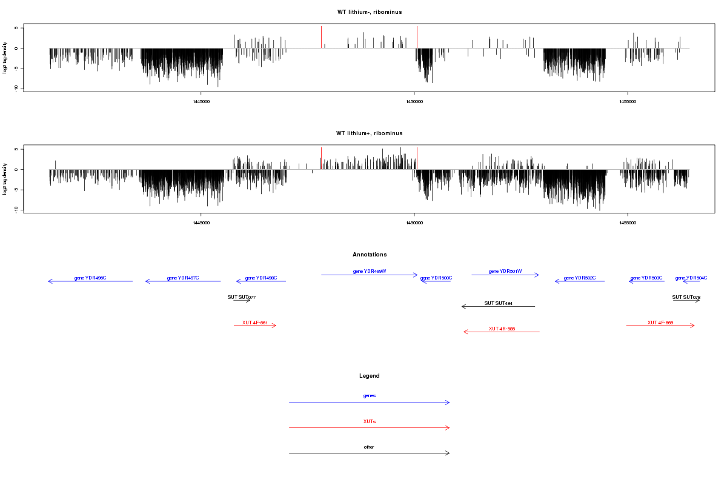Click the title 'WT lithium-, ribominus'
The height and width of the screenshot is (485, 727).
[370, 12]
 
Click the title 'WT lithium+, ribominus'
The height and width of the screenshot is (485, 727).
[370, 133]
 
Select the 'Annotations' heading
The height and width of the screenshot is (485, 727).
[370, 255]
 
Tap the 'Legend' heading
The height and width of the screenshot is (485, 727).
[370, 376]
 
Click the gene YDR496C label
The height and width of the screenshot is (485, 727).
[90, 278]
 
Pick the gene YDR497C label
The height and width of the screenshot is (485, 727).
[183, 278]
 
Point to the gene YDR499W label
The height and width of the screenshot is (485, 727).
[370, 271]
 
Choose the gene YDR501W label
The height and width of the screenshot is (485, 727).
[505, 271]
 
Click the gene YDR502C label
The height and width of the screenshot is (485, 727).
[580, 278]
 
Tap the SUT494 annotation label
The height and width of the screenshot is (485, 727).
[499, 303]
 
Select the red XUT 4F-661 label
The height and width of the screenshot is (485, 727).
[255, 323]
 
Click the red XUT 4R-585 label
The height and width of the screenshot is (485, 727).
[502, 329]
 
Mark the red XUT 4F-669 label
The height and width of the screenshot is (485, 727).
[660, 323]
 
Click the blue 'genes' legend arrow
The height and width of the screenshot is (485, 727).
[370, 403]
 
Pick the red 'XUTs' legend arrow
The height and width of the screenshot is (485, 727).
[370, 428]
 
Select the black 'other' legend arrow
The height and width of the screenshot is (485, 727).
[370, 453]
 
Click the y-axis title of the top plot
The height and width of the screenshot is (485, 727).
[5, 58]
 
